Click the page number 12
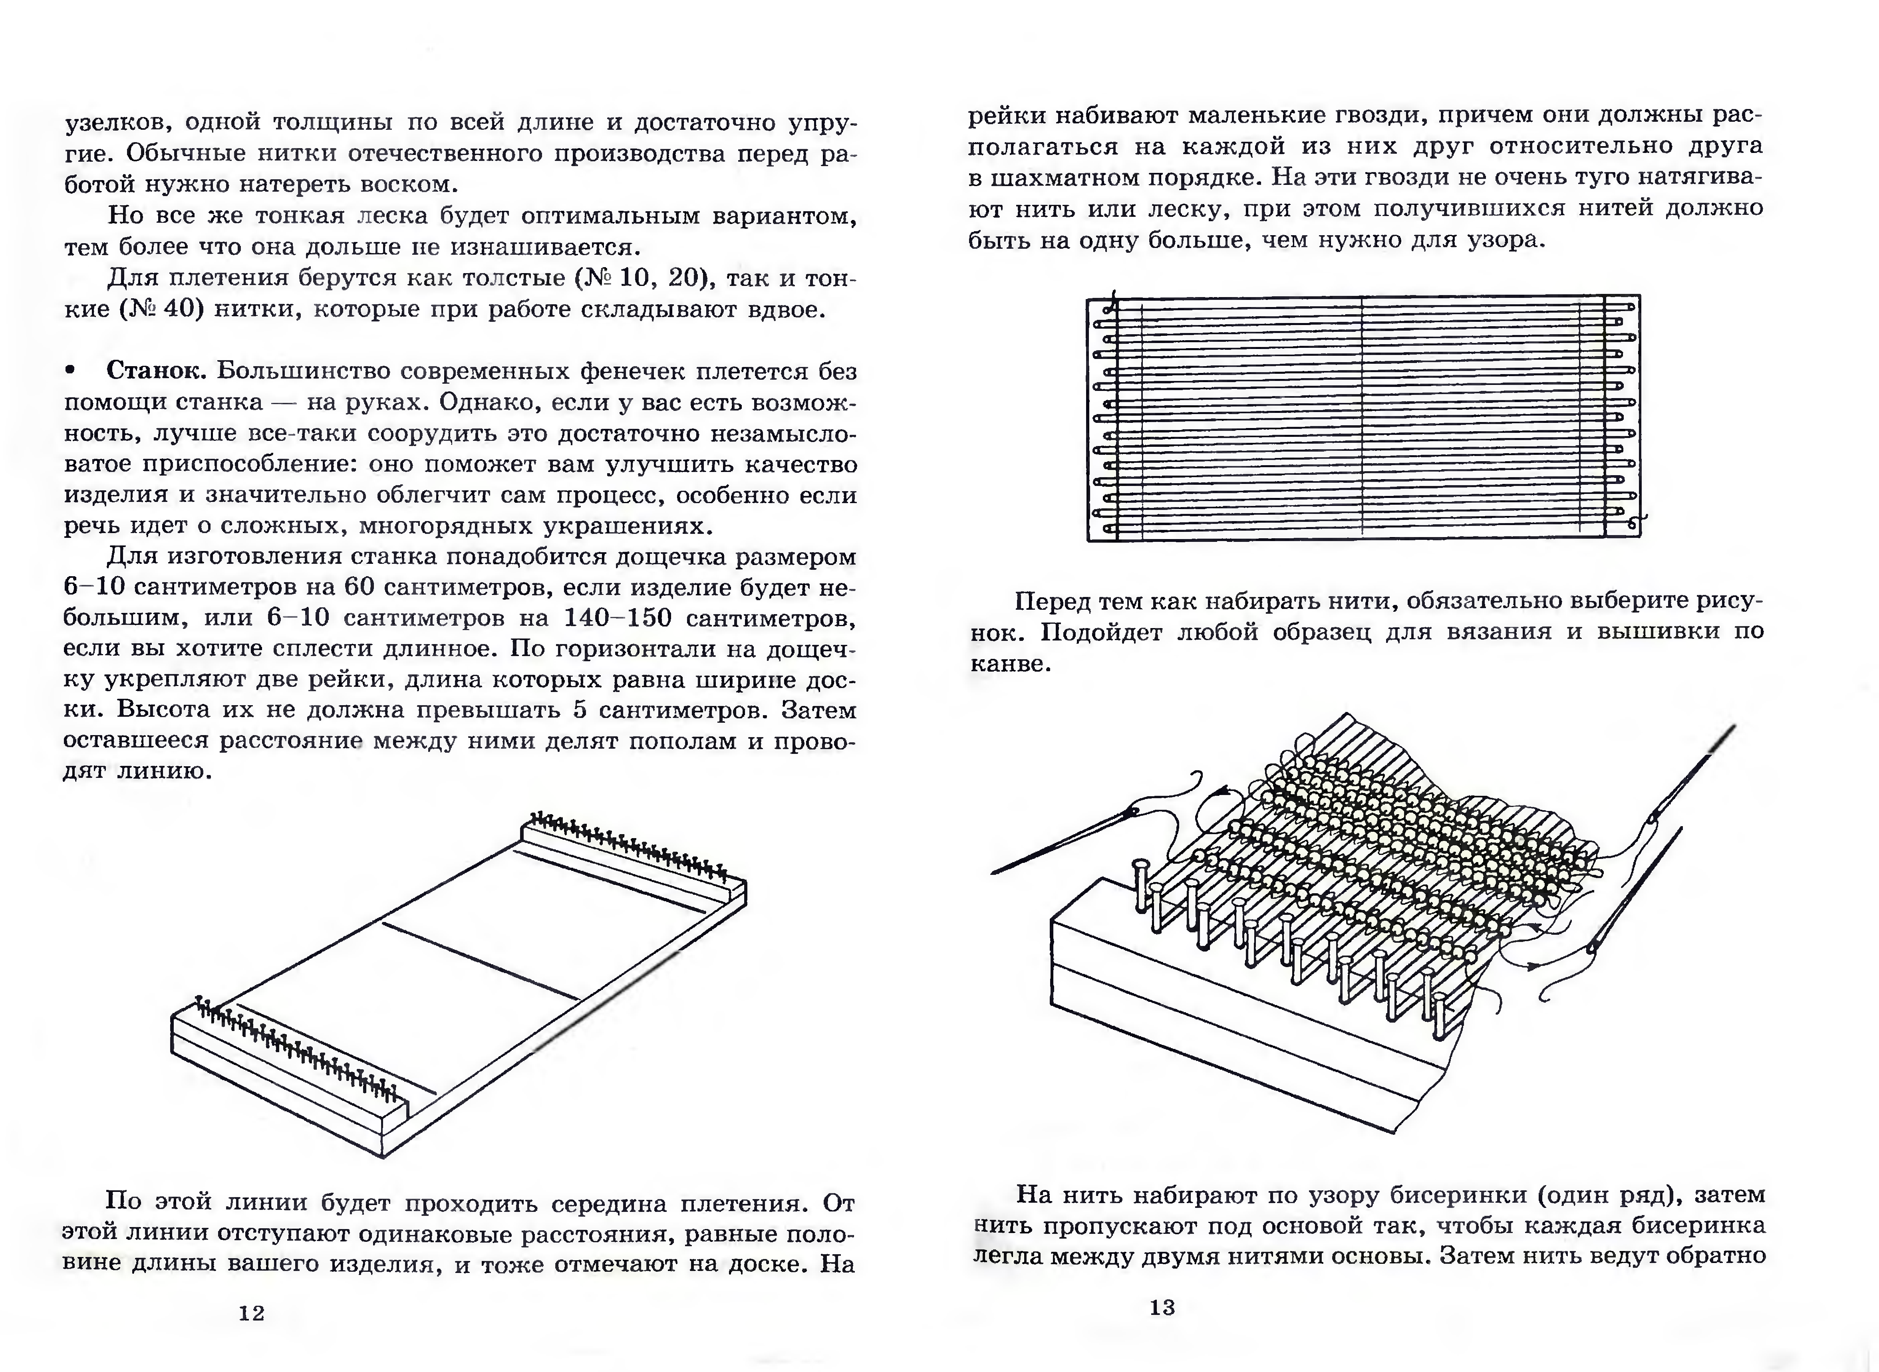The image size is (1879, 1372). coord(252,1313)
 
